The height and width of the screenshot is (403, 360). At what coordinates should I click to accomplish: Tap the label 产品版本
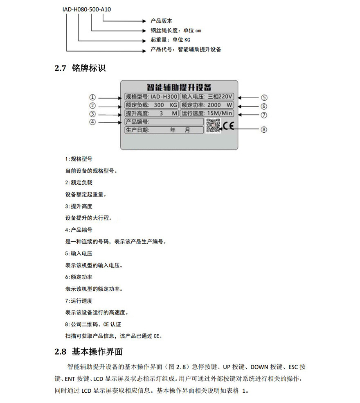[161, 20]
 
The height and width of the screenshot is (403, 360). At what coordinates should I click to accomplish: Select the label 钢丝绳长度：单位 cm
[176, 30]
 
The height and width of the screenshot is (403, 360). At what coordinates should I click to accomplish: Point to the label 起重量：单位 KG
[170, 40]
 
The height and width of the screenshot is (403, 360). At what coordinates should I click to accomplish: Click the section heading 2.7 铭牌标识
[80, 68]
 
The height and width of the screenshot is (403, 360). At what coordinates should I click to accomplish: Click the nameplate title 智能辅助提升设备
[179, 87]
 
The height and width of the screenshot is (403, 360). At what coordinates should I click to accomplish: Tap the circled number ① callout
[93, 97]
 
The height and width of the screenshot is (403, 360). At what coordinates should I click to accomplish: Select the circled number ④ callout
[93, 122]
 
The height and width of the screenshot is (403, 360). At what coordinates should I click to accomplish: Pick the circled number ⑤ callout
[264, 97]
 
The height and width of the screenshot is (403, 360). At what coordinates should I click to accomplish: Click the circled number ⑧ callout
[264, 129]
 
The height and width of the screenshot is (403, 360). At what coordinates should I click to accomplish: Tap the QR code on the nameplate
[213, 125]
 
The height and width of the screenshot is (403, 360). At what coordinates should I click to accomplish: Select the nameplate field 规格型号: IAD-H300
[151, 97]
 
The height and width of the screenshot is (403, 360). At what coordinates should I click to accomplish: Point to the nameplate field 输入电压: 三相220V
[207, 97]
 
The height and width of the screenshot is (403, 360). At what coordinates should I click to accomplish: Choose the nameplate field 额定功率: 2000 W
[207, 105]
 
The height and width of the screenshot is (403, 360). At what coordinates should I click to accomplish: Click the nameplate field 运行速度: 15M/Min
[207, 113]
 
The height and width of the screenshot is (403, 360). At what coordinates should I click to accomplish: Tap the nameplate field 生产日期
[164, 130]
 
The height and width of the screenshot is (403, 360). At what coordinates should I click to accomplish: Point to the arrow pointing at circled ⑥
[248, 105]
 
